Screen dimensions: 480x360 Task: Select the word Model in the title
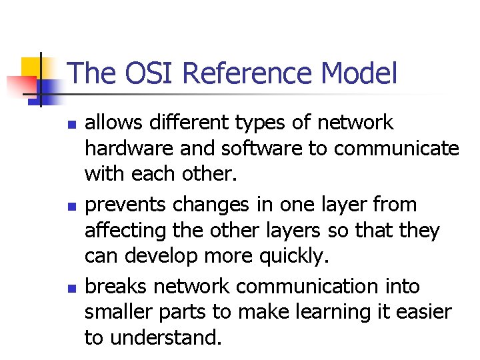365,73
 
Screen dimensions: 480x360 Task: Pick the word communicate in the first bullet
397,147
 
